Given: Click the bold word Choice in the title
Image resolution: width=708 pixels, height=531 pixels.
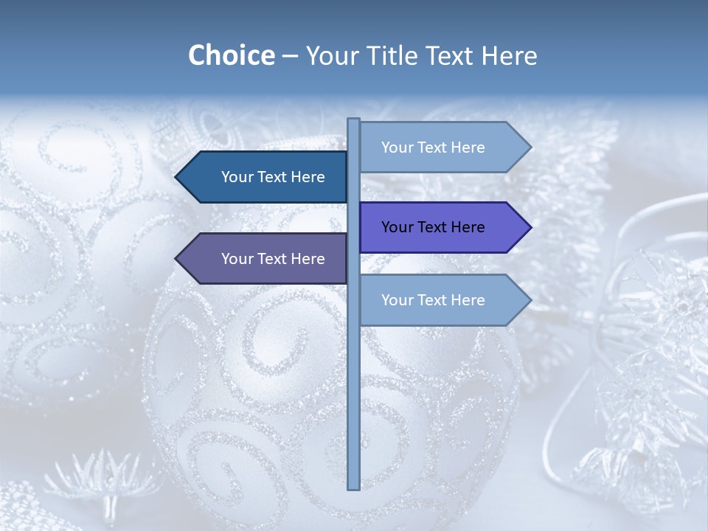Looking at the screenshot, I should tap(231, 55).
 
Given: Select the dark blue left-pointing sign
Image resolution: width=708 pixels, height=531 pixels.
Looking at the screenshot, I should tap(265, 177).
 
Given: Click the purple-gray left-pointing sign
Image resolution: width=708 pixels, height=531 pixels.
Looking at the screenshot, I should tap(265, 259).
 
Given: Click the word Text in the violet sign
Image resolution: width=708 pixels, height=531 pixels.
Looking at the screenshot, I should tap(433, 227).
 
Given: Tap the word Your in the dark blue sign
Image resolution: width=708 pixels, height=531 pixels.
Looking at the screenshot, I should tap(237, 177).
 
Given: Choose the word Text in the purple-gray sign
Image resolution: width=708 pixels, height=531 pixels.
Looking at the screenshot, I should tap(273, 259).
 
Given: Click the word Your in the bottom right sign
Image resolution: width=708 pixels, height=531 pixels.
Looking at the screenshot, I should tap(398, 300).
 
